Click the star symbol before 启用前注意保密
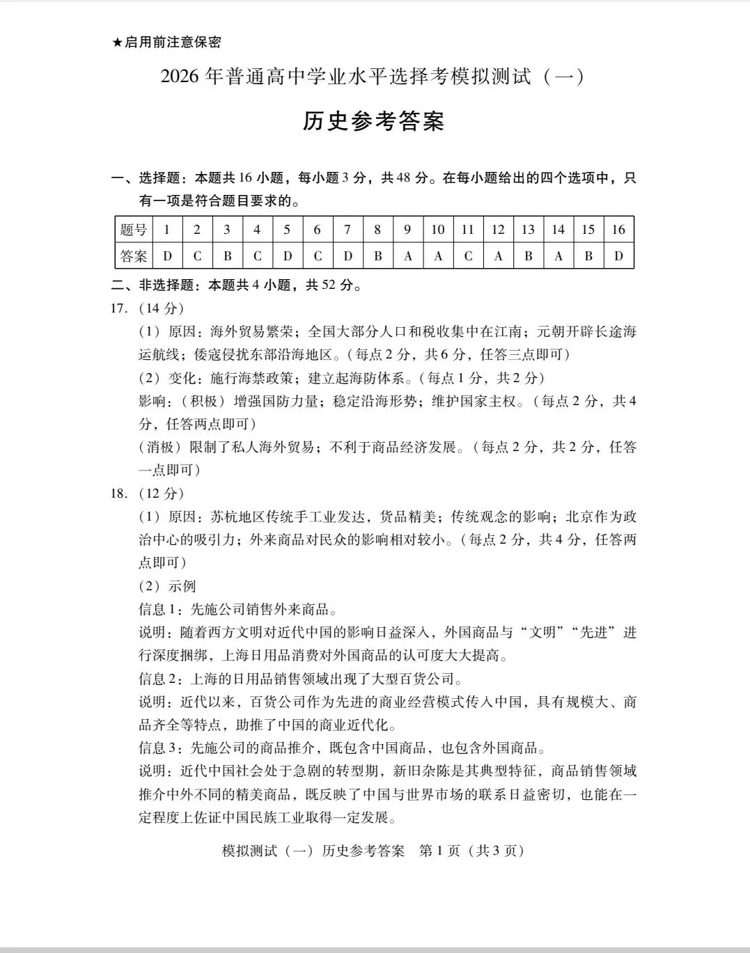pyautogui.click(x=117, y=43)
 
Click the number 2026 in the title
pyautogui.click(x=180, y=77)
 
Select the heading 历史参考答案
pyautogui.click(x=373, y=122)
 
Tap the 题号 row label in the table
pyautogui.click(x=133, y=230)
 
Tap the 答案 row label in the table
pyautogui.click(x=133, y=256)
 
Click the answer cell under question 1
pyautogui.click(x=167, y=256)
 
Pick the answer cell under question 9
pyautogui.click(x=408, y=256)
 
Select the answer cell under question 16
pyautogui.click(x=618, y=256)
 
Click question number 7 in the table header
pyautogui.click(x=347, y=230)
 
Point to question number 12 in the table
pyautogui.click(x=498, y=230)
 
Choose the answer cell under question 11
pyautogui.click(x=468, y=256)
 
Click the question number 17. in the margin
pyautogui.click(x=119, y=308)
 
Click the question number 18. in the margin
pyautogui.click(x=119, y=494)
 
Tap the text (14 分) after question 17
pyautogui.click(x=162, y=308)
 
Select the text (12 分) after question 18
pyautogui.click(x=162, y=494)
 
